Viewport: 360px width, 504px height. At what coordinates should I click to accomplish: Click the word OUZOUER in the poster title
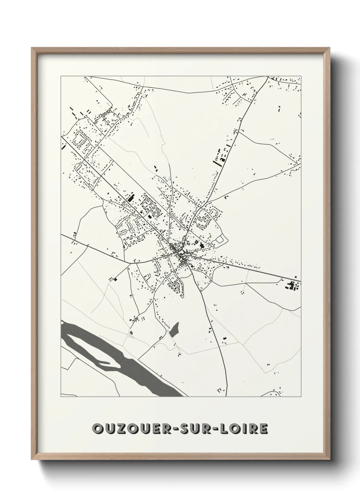click(x=133, y=429)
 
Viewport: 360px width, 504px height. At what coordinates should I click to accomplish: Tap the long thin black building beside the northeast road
click(x=216, y=158)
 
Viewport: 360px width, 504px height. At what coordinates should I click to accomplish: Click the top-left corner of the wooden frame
click(x=32, y=48)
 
